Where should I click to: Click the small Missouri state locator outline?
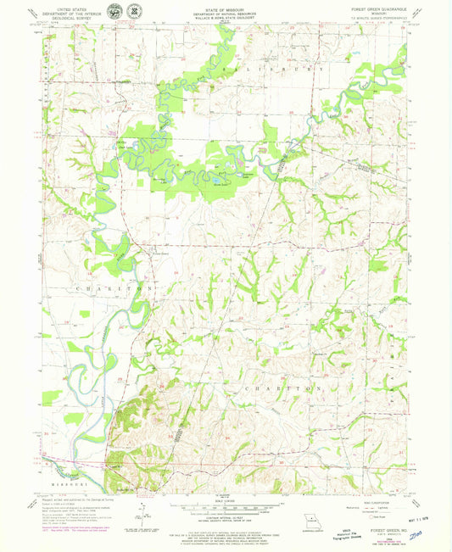[311, 521]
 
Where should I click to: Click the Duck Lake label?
[125, 145]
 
